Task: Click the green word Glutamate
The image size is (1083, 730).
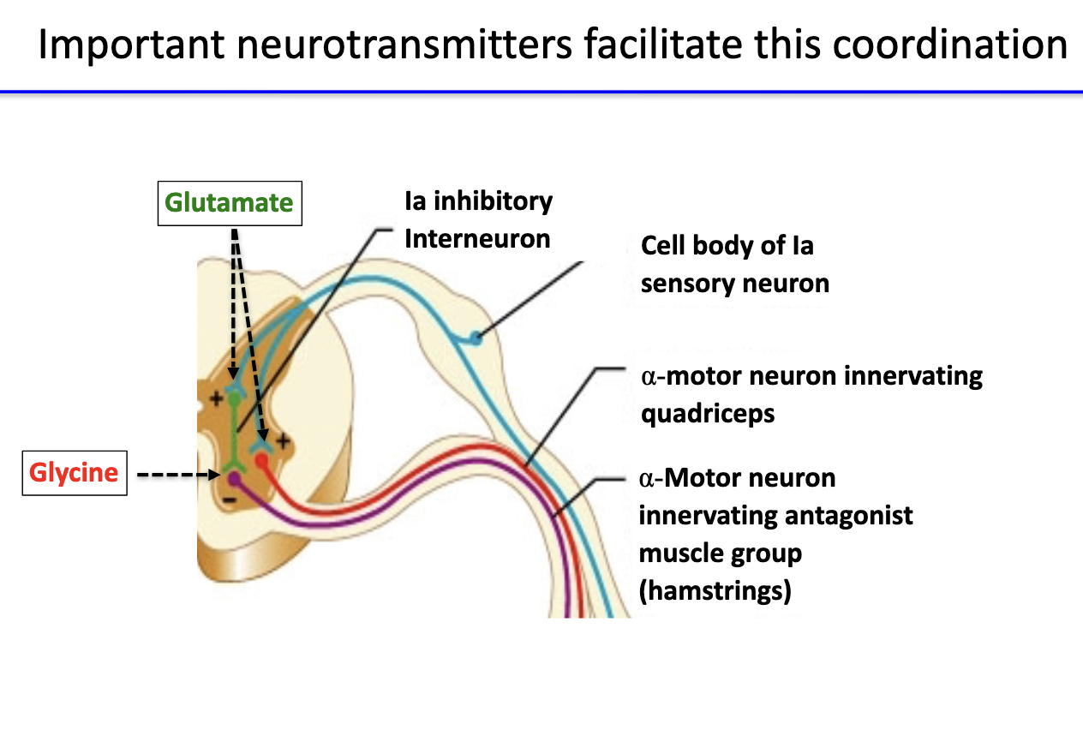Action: [x=229, y=203]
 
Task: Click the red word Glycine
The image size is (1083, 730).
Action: [x=74, y=473]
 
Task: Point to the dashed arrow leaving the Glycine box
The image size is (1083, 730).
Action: [x=176, y=473]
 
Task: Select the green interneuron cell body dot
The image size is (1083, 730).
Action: [x=234, y=398]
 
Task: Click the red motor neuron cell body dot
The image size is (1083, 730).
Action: [x=262, y=461]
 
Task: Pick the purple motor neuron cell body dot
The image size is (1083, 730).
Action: [x=234, y=479]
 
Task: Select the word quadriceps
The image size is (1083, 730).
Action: [x=708, y=413]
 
